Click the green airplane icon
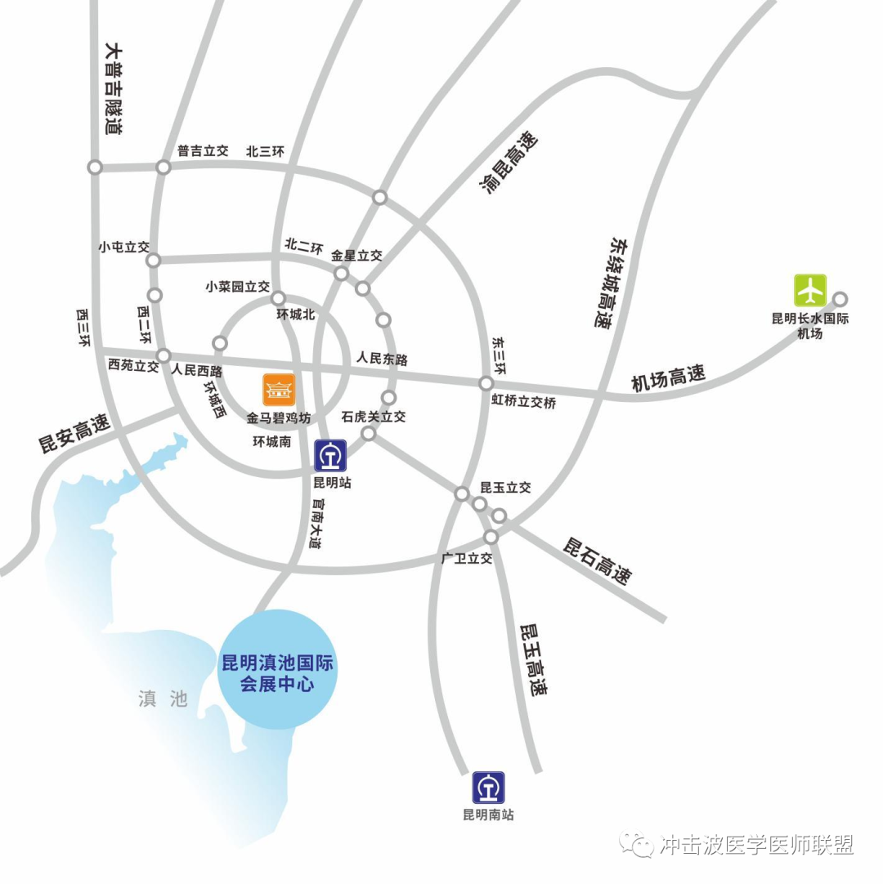[810, 290]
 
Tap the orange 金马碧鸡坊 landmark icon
[278, 390]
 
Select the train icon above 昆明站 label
[331, 455]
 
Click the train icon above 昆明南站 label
[488, 788]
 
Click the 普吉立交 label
[203, 151]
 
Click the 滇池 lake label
[163, 699]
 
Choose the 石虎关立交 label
[373, 417]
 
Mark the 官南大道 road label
[316, 524]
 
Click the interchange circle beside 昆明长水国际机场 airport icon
[840, 299]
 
